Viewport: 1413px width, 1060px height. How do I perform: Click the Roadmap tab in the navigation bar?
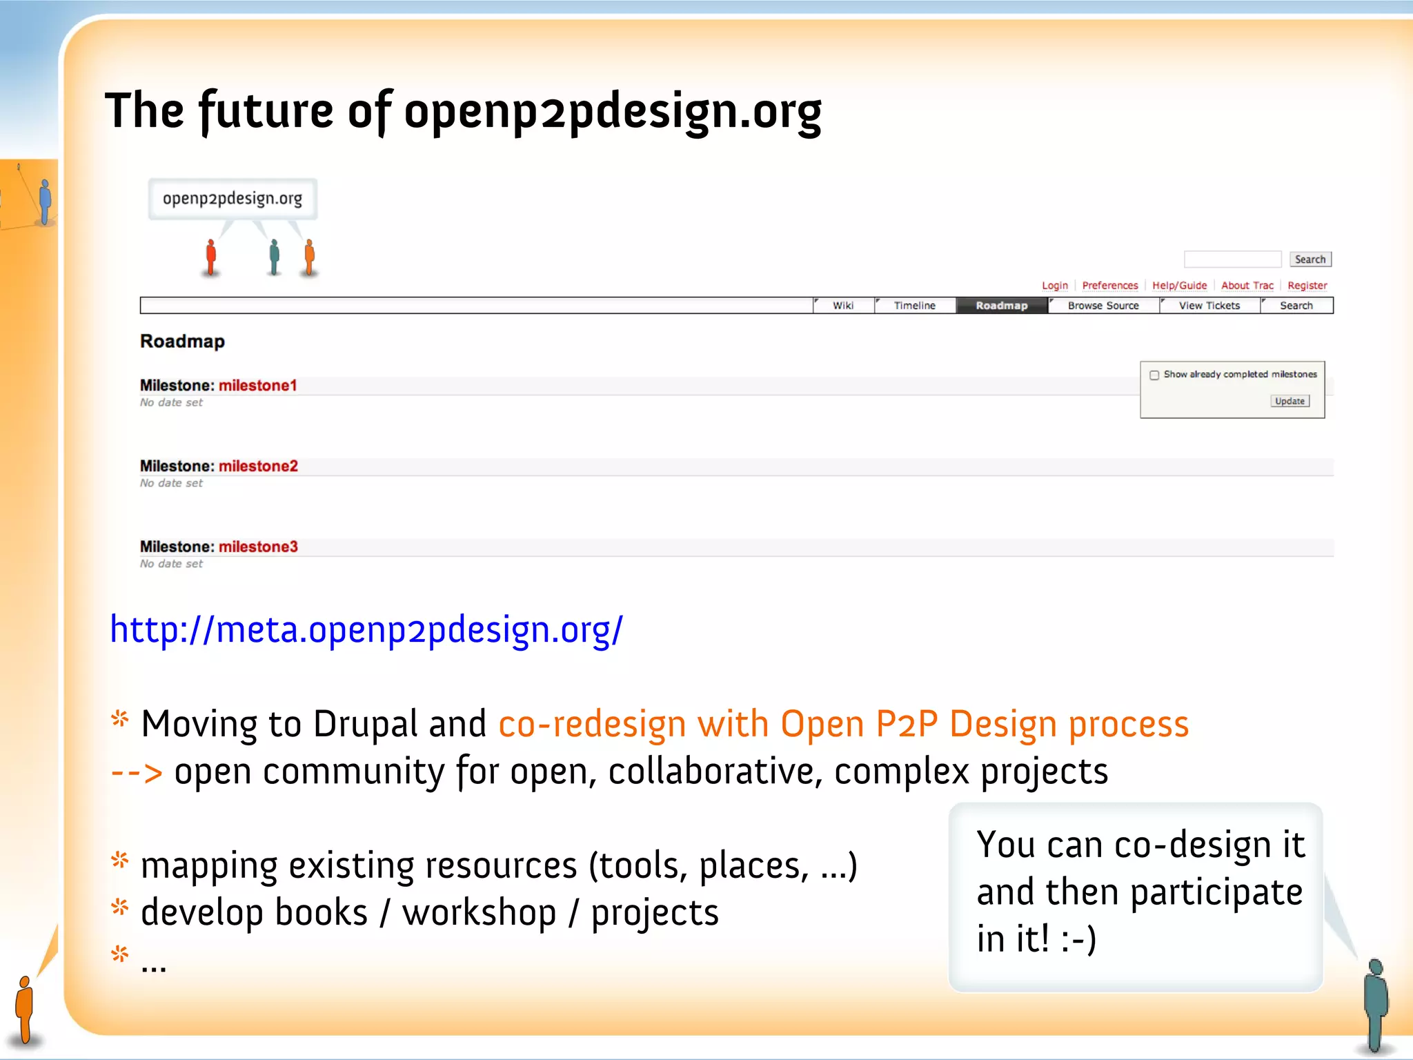click(x=1001, y=306)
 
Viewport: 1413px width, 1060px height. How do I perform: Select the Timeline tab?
click(x=914, y=306)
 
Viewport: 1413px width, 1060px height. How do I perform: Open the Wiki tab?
click(x=842, y=306)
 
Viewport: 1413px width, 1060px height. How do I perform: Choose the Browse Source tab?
click(x=1103, y=306)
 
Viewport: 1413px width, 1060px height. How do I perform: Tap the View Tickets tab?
click(x=1209, y=306)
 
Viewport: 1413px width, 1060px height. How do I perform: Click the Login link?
click(x=1054, y=286)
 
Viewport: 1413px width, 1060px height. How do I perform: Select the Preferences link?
click(x=1109, y=286)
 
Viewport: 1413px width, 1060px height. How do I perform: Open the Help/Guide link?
click(x=1179, y=286)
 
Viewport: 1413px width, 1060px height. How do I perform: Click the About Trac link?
click(x=1247, y=286)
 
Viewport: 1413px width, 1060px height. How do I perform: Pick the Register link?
click(x=1307, y=286)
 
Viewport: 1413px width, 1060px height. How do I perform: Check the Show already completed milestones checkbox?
click(x=1154, y=375)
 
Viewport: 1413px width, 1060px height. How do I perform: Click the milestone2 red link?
click(x=258, y=467)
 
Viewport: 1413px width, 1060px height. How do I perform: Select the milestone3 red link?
click(x=258, y=547)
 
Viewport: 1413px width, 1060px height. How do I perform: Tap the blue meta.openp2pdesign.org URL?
click(x=366, y=630)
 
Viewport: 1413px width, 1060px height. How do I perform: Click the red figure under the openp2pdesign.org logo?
click(x=211, y=257)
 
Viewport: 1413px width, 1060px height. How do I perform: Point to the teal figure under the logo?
click(x=275, y=257)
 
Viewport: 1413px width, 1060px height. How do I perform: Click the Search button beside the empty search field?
click(x=1310, y=259)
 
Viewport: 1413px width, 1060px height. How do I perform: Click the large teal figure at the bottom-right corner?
click(x=1376, y=1004)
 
